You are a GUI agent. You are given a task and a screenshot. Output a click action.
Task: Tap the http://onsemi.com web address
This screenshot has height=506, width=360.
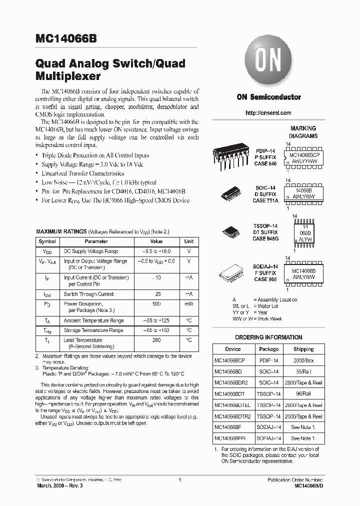point(268,113)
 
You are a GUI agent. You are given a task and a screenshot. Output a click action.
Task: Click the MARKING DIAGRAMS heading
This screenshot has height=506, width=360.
point(303,132)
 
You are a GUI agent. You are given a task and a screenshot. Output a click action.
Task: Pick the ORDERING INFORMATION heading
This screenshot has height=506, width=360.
point(268,337)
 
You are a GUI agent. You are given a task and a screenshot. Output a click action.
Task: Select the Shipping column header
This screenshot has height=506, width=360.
point(303,349)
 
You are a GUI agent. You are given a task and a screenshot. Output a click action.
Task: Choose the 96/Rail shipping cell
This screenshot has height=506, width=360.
point(303,393)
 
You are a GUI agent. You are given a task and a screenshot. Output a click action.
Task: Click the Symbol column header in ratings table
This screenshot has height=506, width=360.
point(47,241)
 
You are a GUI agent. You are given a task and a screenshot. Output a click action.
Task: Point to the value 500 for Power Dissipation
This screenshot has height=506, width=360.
point(156,304)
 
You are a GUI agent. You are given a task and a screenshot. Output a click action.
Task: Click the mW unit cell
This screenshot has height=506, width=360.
point(189,304)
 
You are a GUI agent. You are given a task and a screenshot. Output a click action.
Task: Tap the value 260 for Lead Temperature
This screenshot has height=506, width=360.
point(156,340)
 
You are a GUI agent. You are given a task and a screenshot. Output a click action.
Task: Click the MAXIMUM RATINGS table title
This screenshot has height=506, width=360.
point(61,232)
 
